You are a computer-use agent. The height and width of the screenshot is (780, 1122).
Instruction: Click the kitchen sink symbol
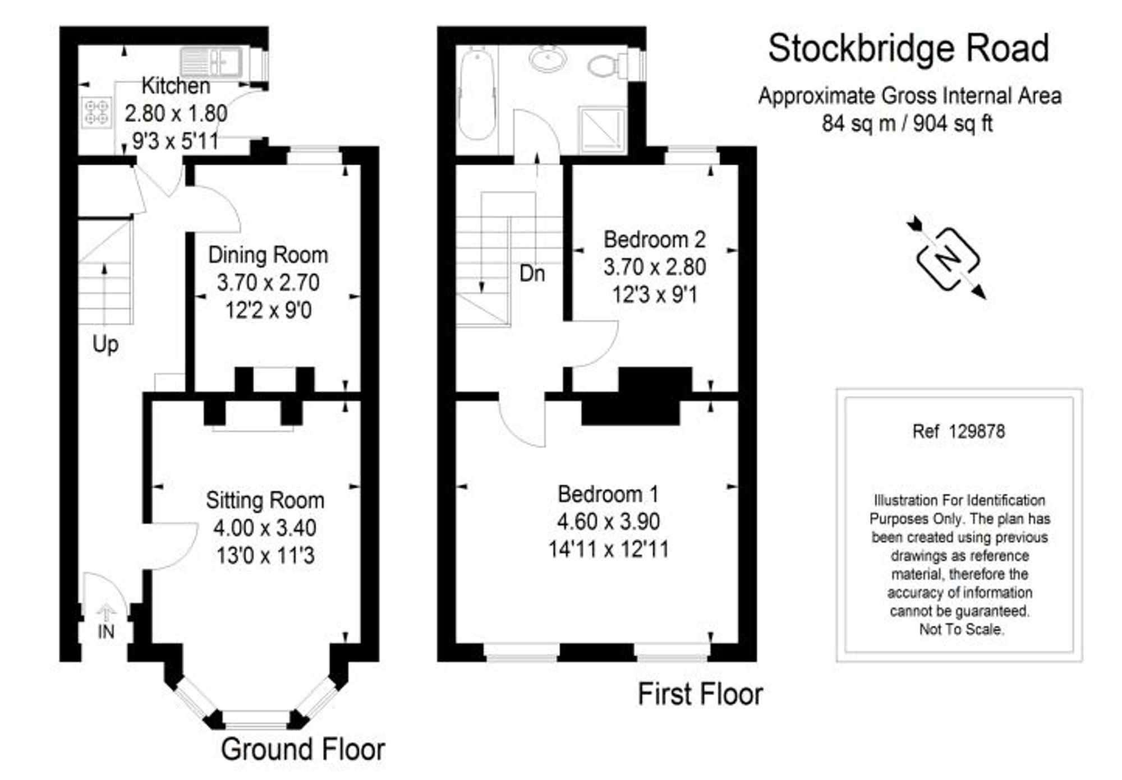211,62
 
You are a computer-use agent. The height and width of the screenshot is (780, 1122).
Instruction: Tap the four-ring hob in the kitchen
96,112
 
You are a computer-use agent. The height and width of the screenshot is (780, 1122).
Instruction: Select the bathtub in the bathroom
476,93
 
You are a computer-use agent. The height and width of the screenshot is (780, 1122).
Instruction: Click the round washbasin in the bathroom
548,59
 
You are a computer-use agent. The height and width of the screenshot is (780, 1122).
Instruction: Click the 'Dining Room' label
268,255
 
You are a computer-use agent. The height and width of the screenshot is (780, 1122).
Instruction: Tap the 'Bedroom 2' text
654,240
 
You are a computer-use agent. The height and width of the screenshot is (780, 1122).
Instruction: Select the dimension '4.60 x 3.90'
608,521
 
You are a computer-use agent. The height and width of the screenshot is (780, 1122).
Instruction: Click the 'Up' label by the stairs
105,344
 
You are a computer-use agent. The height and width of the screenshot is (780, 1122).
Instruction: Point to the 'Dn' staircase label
532,274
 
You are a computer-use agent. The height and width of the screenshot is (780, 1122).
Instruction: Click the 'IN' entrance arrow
106,614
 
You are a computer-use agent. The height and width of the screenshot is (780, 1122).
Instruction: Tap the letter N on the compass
948,259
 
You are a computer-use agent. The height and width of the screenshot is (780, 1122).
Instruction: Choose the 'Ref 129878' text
959,431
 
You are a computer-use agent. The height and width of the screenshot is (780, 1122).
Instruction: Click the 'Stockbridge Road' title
908,49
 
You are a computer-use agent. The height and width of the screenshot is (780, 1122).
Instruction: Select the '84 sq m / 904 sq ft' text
907,123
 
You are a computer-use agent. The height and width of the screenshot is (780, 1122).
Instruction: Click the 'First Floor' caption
700,694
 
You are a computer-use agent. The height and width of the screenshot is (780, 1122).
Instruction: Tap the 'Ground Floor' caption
303,750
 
